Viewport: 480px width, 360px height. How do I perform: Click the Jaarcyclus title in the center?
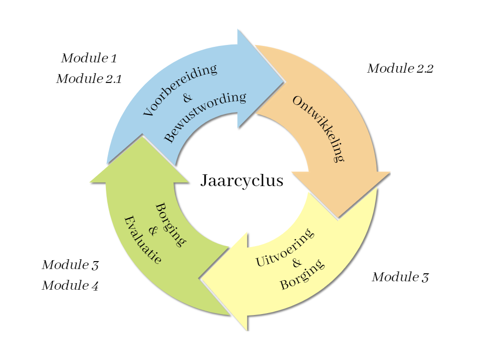[242, 180]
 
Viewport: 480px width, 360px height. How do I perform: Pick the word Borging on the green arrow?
[170, 225]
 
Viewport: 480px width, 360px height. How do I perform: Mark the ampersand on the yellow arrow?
[296, 262]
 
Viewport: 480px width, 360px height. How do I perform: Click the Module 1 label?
[89, 59]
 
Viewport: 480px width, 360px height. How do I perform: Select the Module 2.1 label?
[89, 79]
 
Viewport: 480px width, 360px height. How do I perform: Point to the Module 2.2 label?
[400, 68]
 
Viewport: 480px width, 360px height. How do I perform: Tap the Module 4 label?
[70, 285]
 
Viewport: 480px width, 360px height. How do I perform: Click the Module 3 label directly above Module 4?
[70, 265]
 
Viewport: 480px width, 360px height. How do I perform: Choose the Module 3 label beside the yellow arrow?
[400, 277]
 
